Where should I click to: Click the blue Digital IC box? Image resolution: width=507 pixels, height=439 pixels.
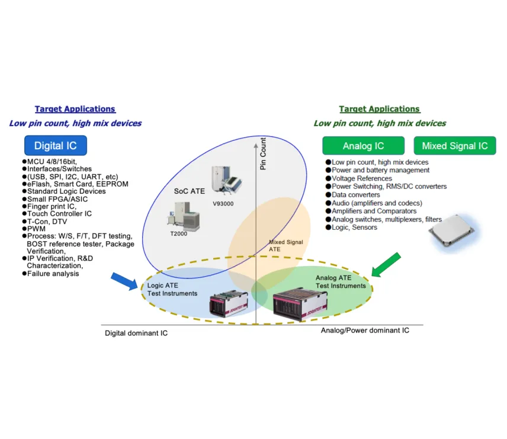[56, 146]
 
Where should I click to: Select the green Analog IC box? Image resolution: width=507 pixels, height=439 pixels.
[363, 146]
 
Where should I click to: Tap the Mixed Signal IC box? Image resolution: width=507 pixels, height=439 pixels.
[455, 146]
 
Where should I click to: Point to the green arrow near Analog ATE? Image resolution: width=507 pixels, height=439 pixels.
[387, 264]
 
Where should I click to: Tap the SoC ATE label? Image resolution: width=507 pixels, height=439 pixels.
[190, 191]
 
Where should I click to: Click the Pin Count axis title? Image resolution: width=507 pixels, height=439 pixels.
[263, 154]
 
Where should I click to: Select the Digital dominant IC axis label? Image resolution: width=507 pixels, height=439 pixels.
[136, 333]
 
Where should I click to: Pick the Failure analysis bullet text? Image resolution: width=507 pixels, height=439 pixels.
[53, 274]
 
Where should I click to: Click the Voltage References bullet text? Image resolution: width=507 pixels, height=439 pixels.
[361, 178]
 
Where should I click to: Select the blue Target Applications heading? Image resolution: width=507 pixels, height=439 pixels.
[75, 109]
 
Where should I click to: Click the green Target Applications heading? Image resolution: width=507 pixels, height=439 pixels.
[380, 109]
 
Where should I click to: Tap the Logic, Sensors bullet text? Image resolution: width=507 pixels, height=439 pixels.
[354, 227]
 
